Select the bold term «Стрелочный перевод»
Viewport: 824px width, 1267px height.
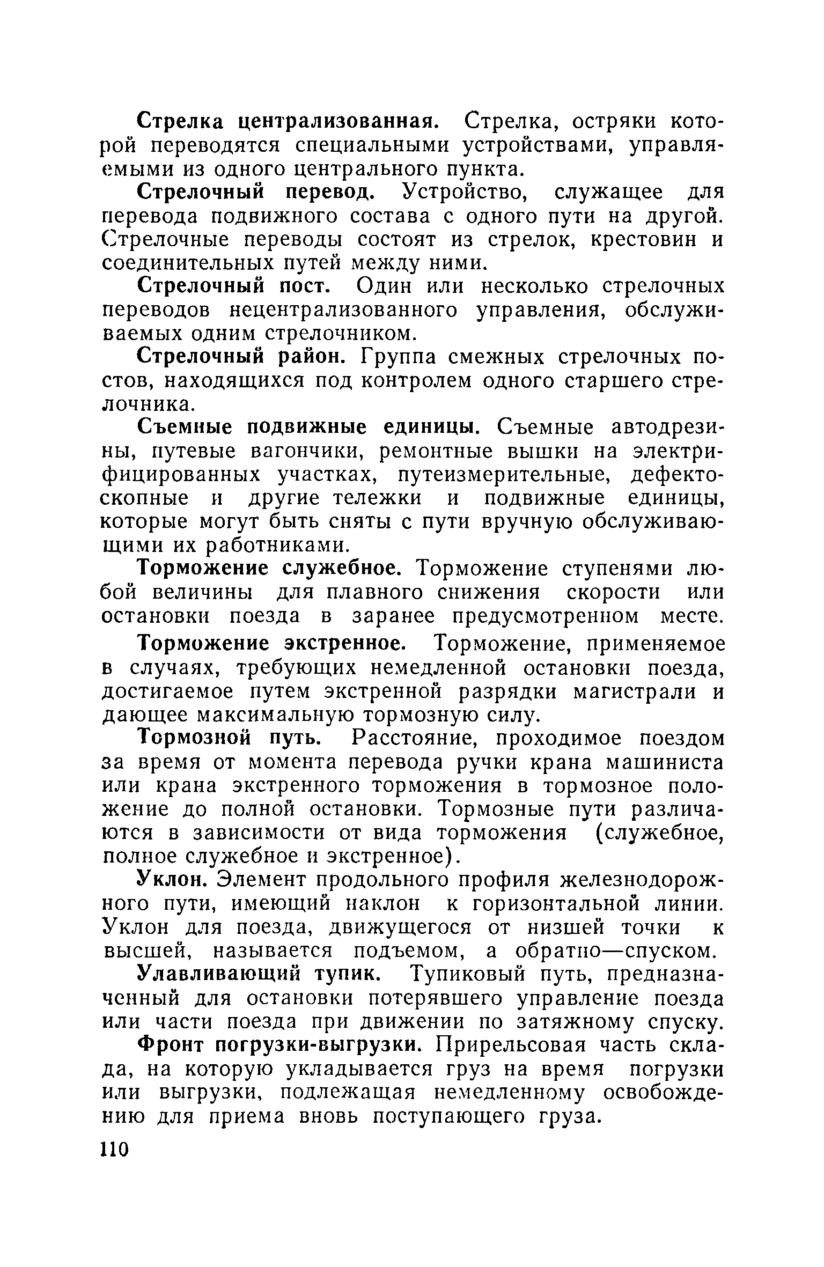[254, 193]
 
